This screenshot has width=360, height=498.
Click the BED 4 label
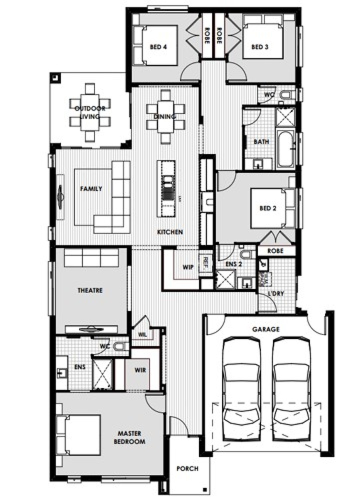(158, 47)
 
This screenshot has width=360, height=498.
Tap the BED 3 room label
(260, 47)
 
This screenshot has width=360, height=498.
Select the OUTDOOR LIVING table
(90, 112)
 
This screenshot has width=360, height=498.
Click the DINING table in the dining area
(165, 116)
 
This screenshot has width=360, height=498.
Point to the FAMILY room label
(91, 189)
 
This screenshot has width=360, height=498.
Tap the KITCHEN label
(170, 232)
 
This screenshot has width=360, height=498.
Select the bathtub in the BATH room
(286, 150)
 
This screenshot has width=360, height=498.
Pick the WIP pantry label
(188, 267)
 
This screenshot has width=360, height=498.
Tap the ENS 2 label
(233, 264)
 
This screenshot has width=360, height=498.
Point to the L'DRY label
(276, 294)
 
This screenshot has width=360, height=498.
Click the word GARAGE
(266, 329)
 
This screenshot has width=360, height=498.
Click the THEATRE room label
(90, 290)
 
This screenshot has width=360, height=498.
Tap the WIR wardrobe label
(140, 370)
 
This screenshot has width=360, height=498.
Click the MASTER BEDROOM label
(130, 438)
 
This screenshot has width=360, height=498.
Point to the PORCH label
(187, 469)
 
